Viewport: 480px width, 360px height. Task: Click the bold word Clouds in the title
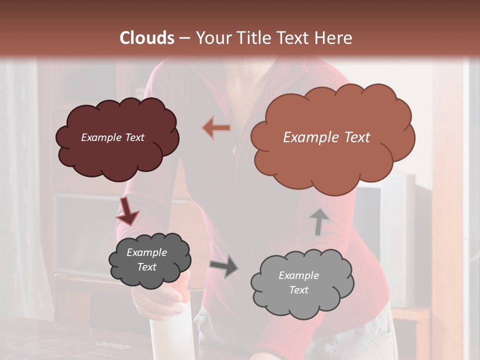(x=147, y=38)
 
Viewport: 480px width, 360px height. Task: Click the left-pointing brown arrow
(x=216, y=128)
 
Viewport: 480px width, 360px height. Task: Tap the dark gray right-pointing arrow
(x=224, y=266)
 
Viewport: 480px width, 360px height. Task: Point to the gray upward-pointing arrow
(x=319, y=221)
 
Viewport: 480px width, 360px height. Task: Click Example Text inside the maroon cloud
(x=112, y=137)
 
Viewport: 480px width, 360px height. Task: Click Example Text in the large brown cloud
(x=326, y=137)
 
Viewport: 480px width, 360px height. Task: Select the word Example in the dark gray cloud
(x=146, y=252)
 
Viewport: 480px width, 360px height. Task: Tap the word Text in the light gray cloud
(x=298, y=290)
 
